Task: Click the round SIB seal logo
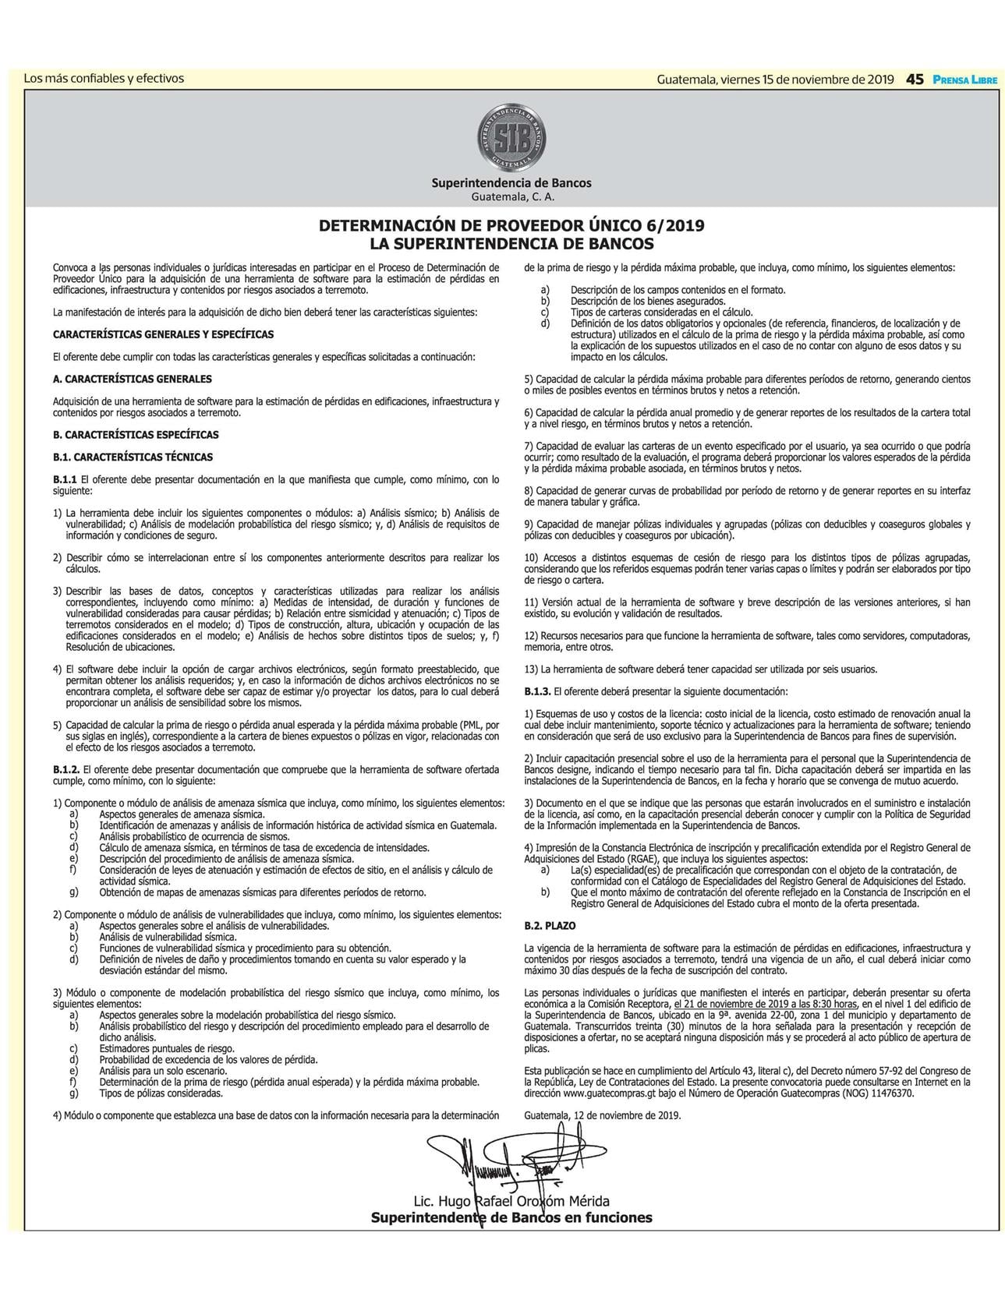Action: [511, 140]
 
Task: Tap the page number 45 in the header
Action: [915, 79]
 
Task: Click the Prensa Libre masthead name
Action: [964, 79]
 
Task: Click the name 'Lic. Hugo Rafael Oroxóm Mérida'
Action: [511, 1201]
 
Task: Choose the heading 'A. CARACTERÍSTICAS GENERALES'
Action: [133, 379]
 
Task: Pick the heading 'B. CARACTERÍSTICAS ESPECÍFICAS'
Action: [136, 435]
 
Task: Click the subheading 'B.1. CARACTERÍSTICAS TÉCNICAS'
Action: [133, 457]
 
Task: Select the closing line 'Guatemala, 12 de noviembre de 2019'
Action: [603, 1115]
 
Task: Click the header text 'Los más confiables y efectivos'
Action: [104, 78]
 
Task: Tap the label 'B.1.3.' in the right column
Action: [538, 691]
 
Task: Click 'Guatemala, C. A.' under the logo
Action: [511, 196]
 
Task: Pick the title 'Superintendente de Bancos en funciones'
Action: [511, 1217]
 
